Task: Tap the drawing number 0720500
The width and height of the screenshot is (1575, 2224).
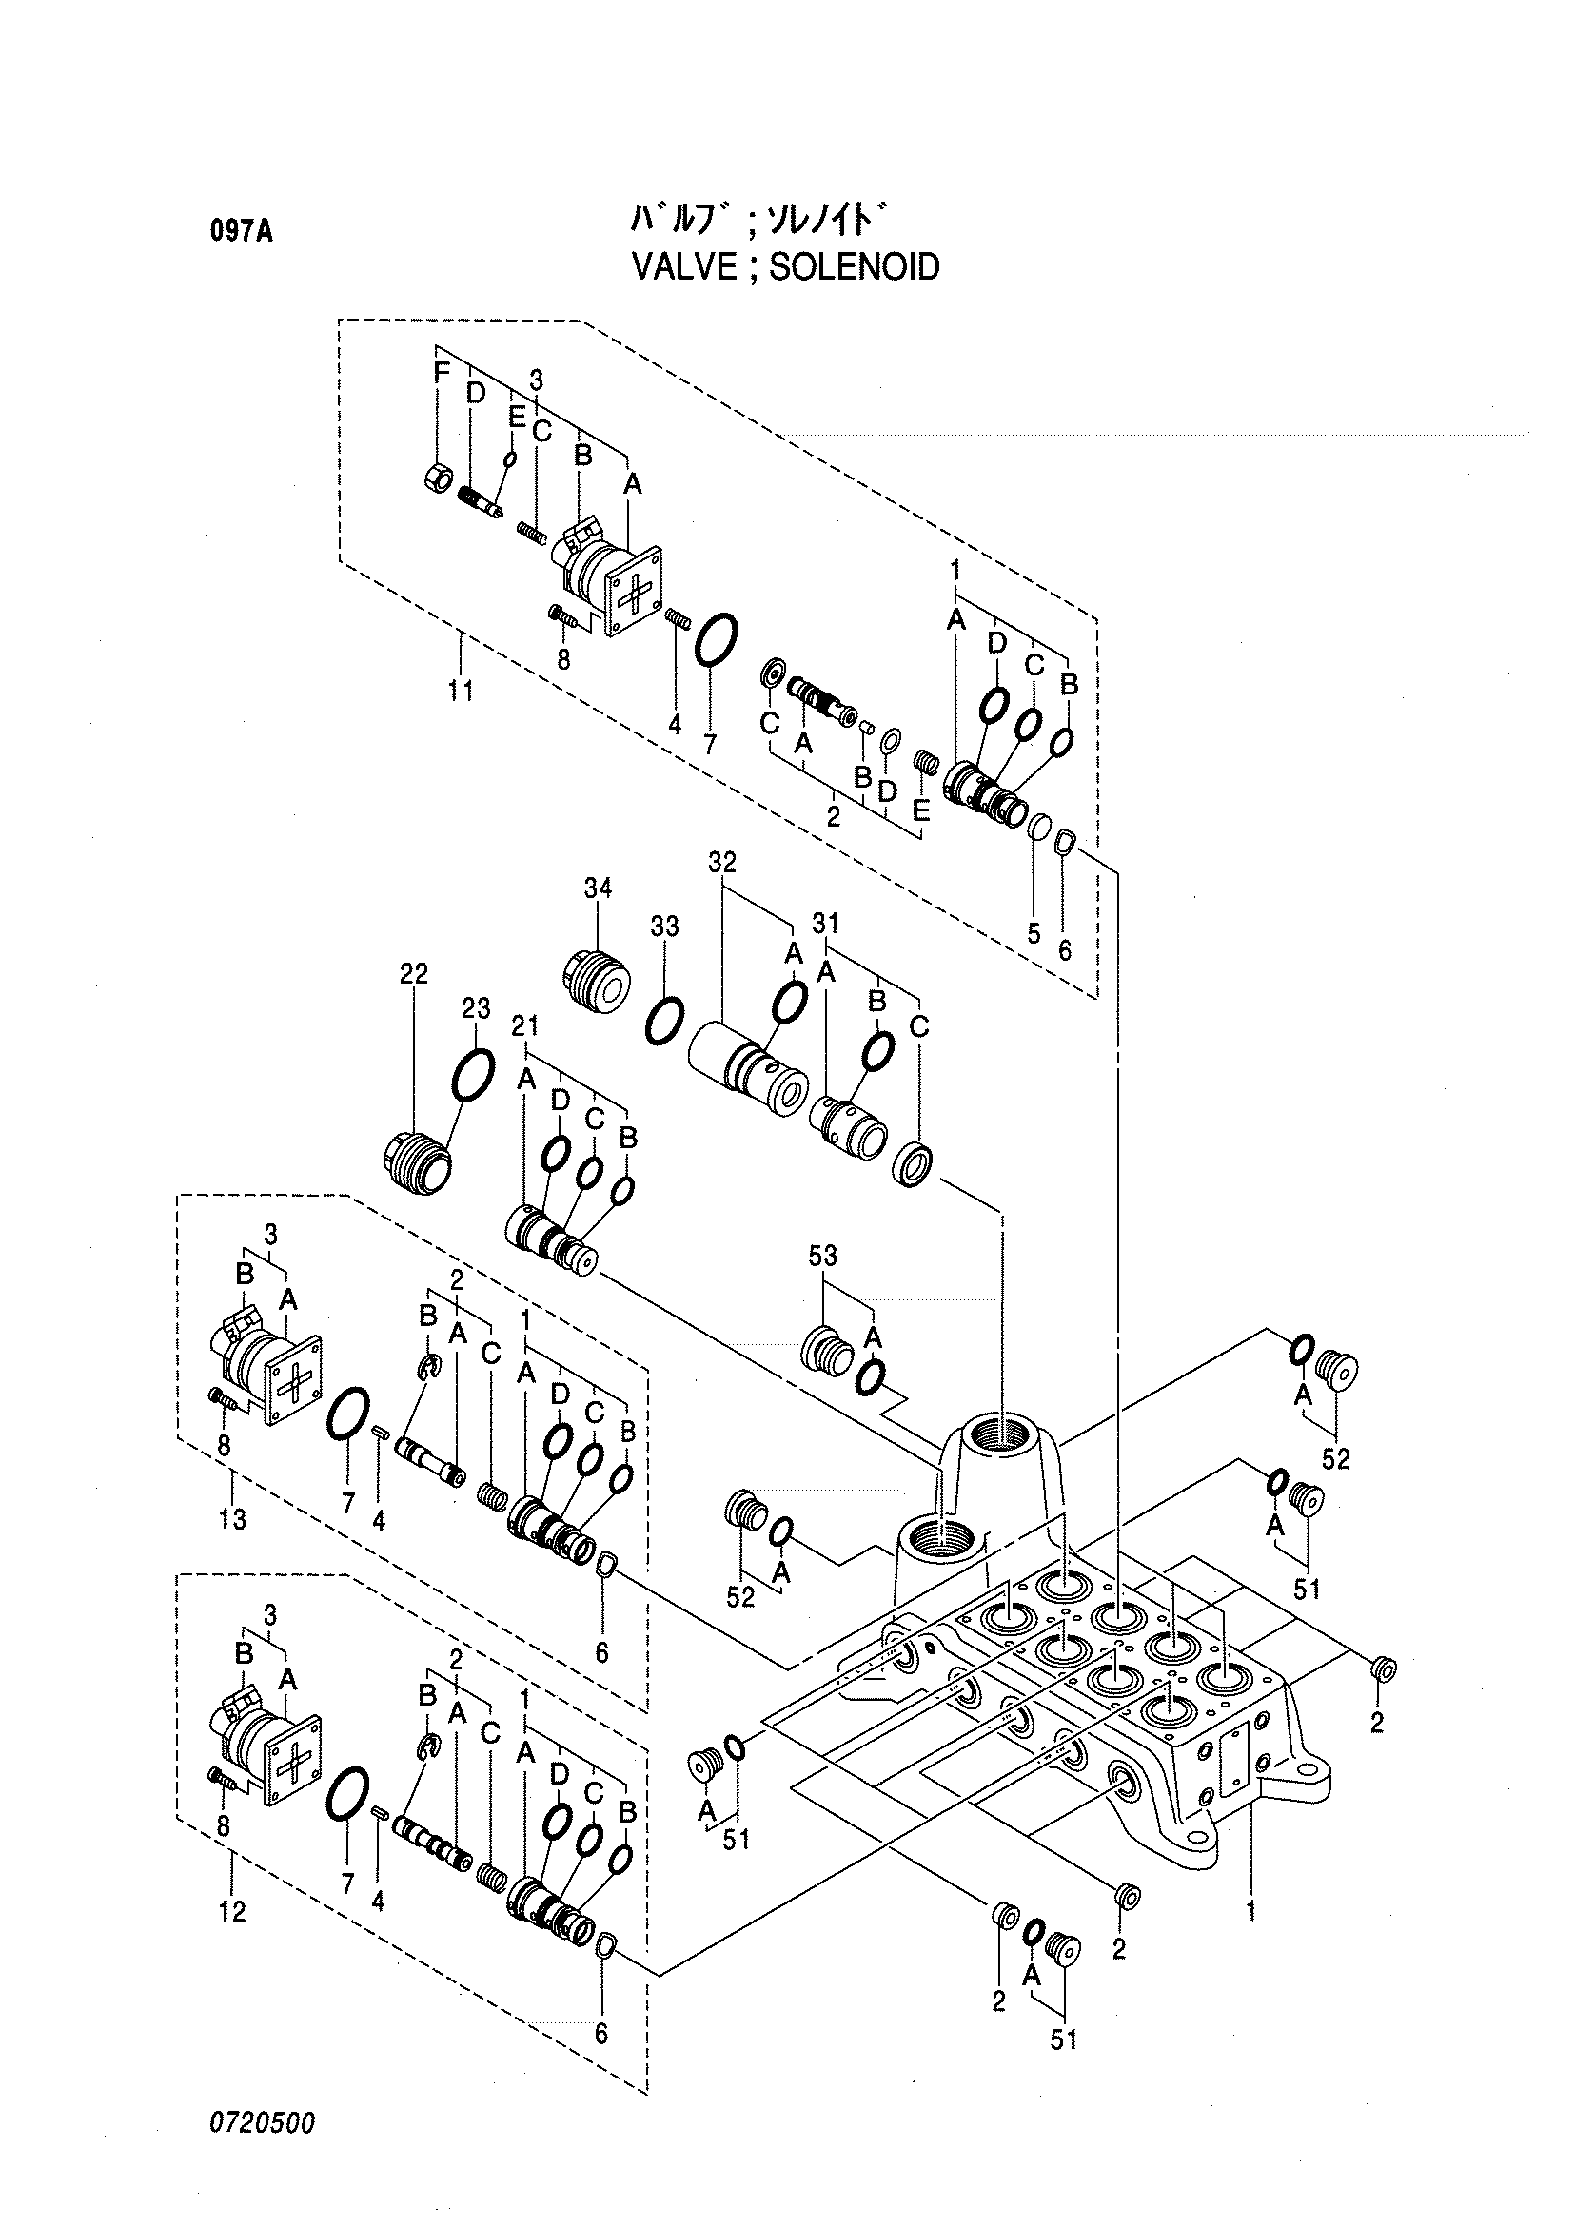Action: [262, 2122]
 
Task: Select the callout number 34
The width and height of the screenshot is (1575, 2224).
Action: [598, 888]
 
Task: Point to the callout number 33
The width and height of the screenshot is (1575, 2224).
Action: [664, 926]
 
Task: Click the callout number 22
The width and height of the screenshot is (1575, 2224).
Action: [413, 972]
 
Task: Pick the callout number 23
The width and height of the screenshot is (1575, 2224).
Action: [476, 1008]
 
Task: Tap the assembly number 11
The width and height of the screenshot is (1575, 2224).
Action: [461, 691]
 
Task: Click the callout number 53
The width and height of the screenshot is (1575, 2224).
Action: [822, 1256]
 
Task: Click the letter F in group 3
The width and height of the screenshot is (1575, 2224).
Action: [442, 372]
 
